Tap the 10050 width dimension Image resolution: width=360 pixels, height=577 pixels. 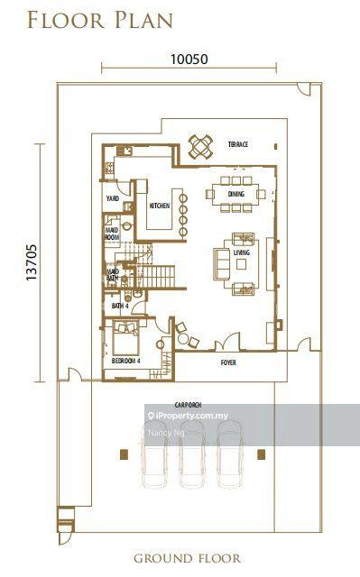point(189,60)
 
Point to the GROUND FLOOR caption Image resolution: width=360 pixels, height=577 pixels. point(187,558)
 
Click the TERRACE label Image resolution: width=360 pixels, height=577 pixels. point(238,145)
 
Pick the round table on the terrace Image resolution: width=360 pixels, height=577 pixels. point(200,144)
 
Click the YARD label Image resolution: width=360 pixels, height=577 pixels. point(114,198)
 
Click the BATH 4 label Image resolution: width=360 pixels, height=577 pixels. point(119,307)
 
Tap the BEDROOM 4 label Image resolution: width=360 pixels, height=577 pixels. point(125,361)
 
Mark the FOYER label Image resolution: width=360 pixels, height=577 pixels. point(229,363)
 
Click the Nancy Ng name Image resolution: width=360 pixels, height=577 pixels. point(160,433)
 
